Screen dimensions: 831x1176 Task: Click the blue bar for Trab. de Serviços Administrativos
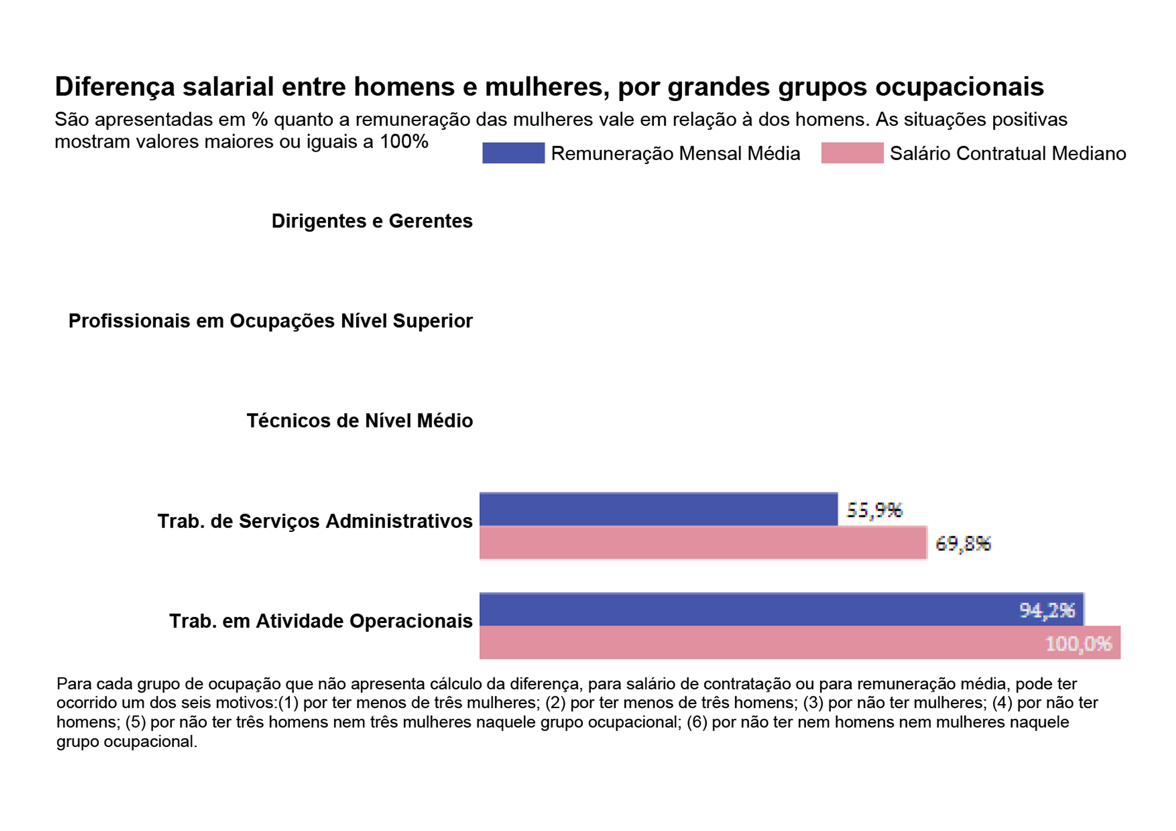point(659,510)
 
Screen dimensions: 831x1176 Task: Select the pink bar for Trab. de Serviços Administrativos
point(703,543)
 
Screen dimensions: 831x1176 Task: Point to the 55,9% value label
point(874,510)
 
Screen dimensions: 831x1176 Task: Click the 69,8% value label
point(963,544)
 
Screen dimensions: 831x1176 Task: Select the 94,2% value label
point(1047,611)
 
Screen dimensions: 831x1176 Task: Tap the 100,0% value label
point(1078,644)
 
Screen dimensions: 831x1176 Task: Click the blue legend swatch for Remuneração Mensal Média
point(513,153)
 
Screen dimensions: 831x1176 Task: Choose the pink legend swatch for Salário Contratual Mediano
point(852,153)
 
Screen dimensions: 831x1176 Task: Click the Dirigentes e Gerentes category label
point(372,221)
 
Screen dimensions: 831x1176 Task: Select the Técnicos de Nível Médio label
point(359,421)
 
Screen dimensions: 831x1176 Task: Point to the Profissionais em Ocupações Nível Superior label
point(270,321)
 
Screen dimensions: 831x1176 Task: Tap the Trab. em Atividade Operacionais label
point(320,621)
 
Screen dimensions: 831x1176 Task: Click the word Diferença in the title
point(115,87)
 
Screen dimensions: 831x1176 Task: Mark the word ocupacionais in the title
point(959,87)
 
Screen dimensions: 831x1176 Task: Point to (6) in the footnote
point(697,722)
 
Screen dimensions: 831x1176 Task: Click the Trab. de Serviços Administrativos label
point(315,521)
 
